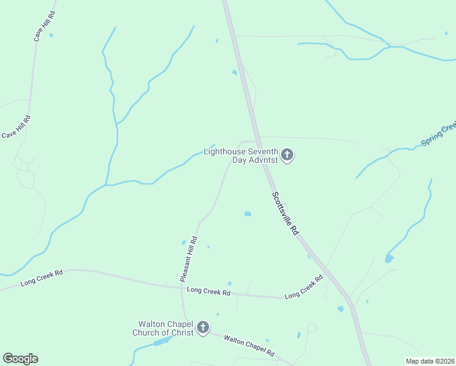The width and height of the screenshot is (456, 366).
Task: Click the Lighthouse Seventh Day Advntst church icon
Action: [287, 156]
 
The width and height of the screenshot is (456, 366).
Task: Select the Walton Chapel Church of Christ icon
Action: [203, 328]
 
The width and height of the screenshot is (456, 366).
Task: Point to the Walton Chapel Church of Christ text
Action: [163, 328]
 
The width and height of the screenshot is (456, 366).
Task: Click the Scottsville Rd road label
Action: [285, 213]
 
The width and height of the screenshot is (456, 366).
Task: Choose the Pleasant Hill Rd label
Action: [189, 259]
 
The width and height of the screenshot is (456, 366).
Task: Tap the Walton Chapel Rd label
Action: [249, 345]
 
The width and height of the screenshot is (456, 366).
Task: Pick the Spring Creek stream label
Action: [438, 135]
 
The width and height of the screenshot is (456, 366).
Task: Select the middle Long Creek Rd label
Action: [208, 292]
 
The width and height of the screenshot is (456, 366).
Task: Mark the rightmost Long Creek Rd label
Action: [304, 287]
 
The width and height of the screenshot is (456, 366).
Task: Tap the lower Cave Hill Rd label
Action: [16, 127]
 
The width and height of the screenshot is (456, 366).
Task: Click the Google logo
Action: [20, 359]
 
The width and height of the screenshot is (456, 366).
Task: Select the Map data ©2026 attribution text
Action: [430, 361]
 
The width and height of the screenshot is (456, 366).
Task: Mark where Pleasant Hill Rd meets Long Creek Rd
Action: [181, 287]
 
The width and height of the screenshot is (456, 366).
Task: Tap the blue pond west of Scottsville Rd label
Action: [248, 213]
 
